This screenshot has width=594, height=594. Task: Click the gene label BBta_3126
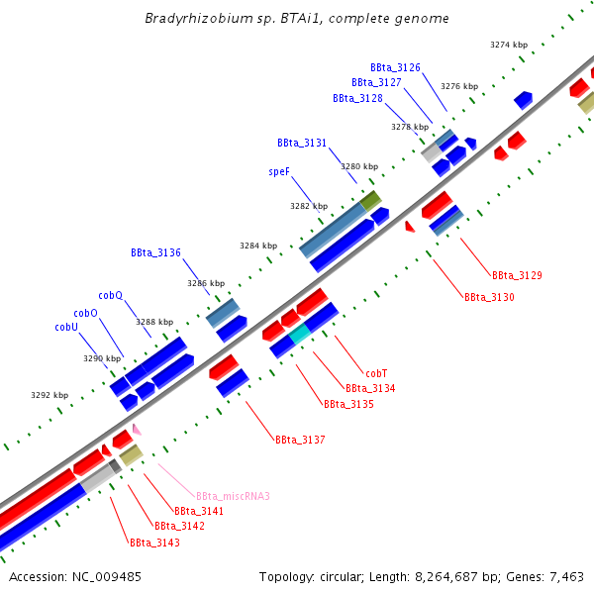click(x=395, y=67)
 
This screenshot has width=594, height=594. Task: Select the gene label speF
click(x=278, y=171)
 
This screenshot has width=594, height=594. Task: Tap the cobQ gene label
click(x=110, y=295)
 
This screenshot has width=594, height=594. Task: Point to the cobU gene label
click(x=66, y=327)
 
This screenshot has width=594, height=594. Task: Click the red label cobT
click(x=376, y=373)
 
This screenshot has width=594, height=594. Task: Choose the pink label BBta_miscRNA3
click(x=233, y=496)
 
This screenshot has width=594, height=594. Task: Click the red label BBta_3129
click(x=517, y=274)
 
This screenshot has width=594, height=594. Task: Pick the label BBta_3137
click(x=300, y=439)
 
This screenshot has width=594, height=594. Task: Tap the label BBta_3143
click(x=154, y=543)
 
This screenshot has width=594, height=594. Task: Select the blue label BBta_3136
click(x=155, y=252)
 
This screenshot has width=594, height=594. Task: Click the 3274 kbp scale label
click(x=509, y=45)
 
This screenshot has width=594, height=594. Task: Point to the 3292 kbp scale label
click(x=49, y=395)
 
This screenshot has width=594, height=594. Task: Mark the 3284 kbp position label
click(x=258, y=246)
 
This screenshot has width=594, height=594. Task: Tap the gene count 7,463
click(x=563, y=576)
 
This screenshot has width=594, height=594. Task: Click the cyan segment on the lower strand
click(x=300, y=334)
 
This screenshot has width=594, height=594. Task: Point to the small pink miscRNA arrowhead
click(x=137, y=429)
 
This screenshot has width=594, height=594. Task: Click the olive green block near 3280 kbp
click(x=370, y=201)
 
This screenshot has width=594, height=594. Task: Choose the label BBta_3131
click(x=302, y=143)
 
